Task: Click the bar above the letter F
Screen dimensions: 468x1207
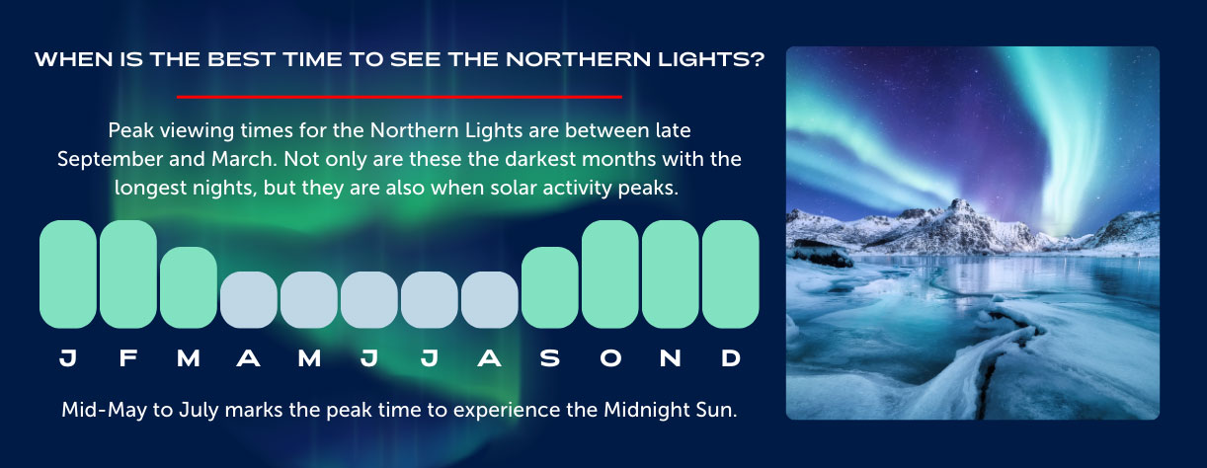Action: click(128, 273)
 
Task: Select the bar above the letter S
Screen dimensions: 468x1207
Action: click(550, 287)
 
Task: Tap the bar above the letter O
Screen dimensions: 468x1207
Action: click(610, 273)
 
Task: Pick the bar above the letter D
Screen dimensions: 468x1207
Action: click(731, 273)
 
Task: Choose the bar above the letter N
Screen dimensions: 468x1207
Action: click(671, 273)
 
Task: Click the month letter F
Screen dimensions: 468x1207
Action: click(128, 359)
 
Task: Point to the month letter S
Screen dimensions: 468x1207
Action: click(550, 359)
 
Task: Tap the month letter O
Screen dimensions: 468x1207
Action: click(610, 359)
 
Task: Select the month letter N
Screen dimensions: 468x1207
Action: click(671, 359)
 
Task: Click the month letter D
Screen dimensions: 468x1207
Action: click(731, 359)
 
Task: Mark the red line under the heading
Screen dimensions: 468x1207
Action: click(399, 97)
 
